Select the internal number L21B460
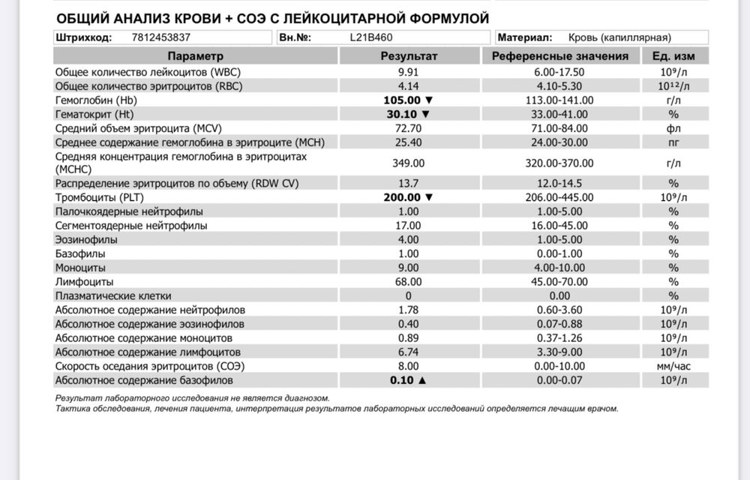(371, 37)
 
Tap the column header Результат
(409, 56)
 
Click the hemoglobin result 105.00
(402, 100)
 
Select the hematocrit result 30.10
(402, 114)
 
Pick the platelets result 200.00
(402, 197)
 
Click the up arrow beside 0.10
(421, 380)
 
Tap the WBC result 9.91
(409, 72)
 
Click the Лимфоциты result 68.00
(409, 281)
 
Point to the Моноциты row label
(80, 267)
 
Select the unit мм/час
(673, 366)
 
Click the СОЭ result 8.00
(409, 366)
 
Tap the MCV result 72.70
(409, 128)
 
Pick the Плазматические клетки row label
(113, 295)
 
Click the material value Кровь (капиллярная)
(629, 37)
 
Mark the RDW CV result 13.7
(409, 183)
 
